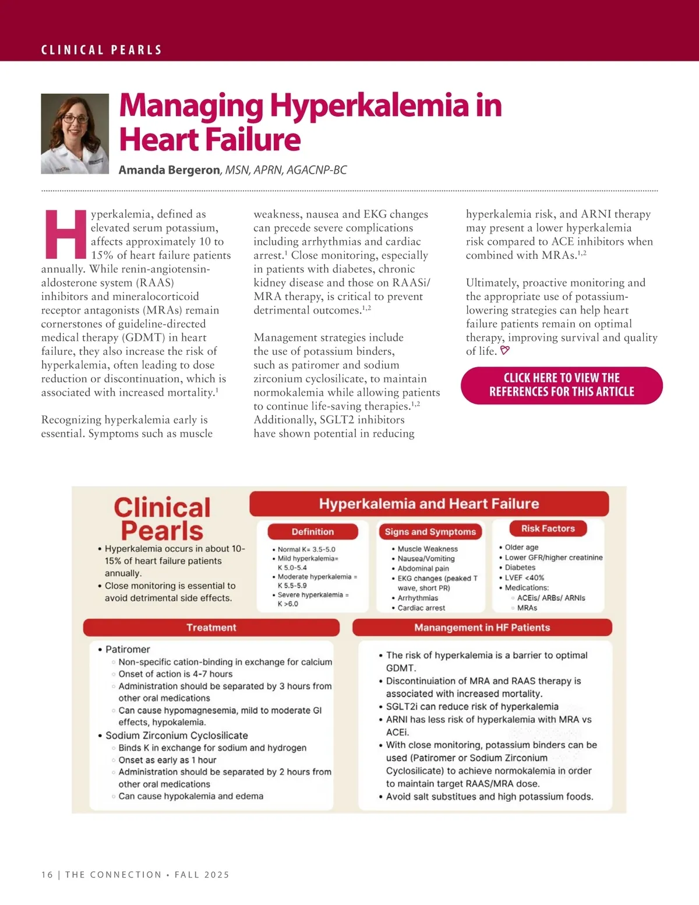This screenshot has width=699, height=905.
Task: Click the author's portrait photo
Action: pos(75,133)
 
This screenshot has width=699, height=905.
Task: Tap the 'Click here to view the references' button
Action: pos(562,385)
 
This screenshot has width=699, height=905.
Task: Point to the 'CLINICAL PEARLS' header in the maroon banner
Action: pos(101,50)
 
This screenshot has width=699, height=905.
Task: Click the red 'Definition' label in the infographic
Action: pos(313,531)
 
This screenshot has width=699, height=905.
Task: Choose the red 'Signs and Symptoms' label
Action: pos(430,531)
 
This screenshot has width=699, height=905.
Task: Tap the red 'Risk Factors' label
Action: pos(548,529)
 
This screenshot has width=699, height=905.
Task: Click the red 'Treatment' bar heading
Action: pos(211,628)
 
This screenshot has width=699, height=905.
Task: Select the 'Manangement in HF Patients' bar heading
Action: pos(482,628)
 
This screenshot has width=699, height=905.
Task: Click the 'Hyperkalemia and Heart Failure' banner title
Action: pos(429,503)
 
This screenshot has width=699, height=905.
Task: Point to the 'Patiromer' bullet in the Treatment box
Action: pos(128,649)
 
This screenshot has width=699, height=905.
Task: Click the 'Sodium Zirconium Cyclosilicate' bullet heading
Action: pos(176,735)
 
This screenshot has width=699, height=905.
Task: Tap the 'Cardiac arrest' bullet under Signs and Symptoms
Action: pos(421,608)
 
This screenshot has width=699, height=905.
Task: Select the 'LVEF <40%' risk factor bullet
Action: pos(524,577)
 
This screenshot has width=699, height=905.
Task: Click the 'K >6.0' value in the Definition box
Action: pos(288,604)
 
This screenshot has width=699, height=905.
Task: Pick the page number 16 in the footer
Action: pos(47,875)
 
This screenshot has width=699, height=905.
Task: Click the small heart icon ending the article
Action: pos(505,351)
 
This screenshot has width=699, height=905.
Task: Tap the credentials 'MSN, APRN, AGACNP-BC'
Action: pos(286,170)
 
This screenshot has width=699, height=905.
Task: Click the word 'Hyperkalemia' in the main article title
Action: pos(369,105)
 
